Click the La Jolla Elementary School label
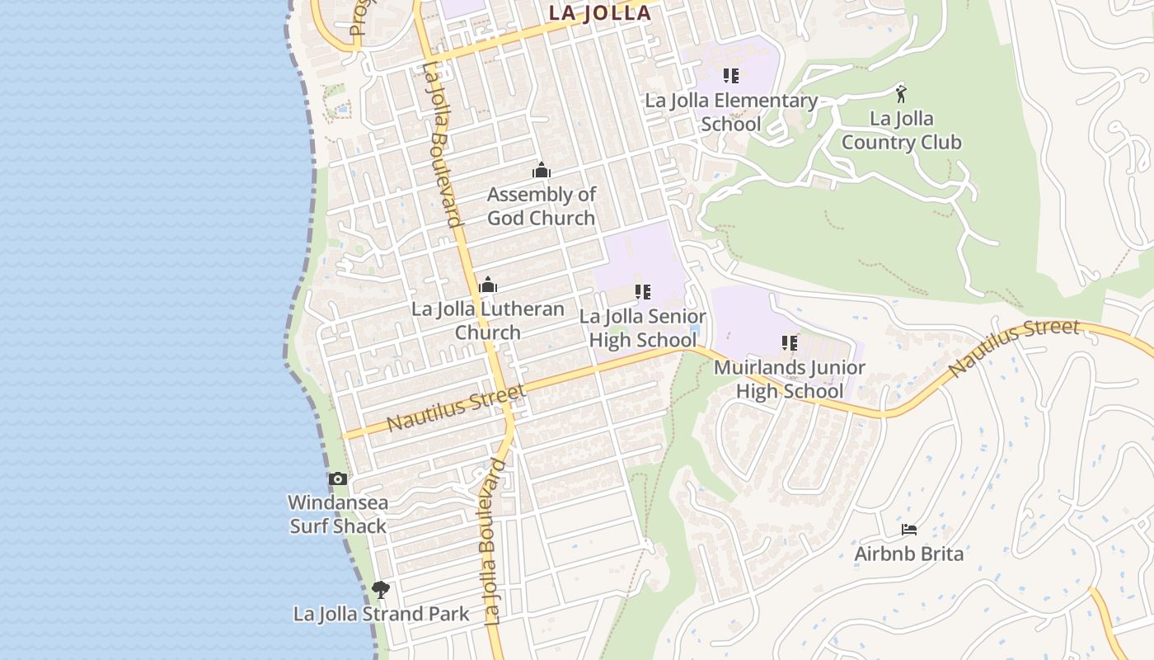731,112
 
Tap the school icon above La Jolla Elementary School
731,76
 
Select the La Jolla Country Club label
901,130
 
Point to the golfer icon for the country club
901,92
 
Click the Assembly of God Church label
541,206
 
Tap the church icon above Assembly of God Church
542,171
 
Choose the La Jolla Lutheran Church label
488,321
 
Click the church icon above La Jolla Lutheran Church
488,285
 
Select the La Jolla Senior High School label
643,328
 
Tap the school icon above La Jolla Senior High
643,291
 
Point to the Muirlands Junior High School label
790,379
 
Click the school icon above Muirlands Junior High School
790,342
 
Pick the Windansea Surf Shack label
338,514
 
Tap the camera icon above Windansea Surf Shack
338,478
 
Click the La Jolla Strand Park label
382,614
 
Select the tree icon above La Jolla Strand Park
380,589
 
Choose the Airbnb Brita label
909,554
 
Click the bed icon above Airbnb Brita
909,529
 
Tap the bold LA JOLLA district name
600,14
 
